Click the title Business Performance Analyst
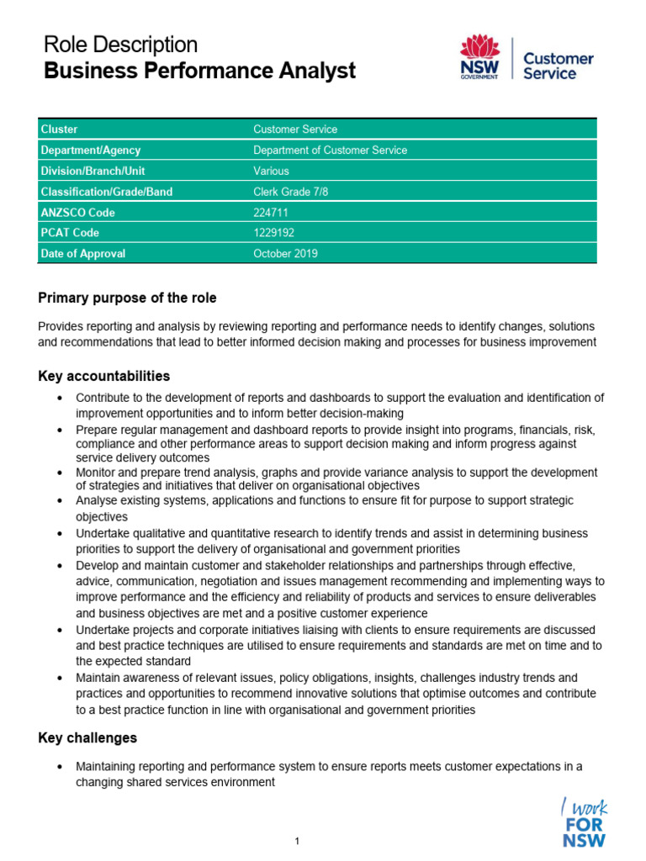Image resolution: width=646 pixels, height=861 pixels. pyautogui.click(x=200, y=71)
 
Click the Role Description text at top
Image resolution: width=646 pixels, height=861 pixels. pyautogui.click(x=120, y=45)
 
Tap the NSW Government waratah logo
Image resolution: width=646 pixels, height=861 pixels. pyautogui.click(x=479, y=57)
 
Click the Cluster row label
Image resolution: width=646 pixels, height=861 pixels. pyautogui.click(x=59, y=129)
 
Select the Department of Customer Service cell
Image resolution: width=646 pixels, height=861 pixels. pyautogui.click(x=330, y=151)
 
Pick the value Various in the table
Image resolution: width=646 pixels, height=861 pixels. pyautogui.click(x=271, y=171)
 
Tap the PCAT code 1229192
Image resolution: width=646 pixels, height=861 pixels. pyautogui.click(x=273, y=233)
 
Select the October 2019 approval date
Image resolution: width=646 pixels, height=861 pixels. pyautogui.click(x=285, y=254)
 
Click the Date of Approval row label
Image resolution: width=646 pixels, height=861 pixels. pyautogui.click(x=82, y=254)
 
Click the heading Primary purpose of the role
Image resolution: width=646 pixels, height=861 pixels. pyautogui.click(x=127, y=298)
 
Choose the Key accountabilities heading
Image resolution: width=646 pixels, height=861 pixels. pyautogui.click(x=104, y=376)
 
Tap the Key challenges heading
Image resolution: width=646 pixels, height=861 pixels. pyautogui.click(x=87, y=737)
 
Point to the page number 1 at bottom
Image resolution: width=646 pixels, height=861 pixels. pyautogui.click(x=298, y=841)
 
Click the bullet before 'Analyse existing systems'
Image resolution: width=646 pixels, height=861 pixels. pyautogui.click(x=58, y=501)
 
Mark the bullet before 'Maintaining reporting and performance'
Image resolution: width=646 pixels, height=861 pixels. pyautogui.click(x=58, y=767)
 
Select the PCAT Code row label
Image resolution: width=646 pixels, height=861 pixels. pyautogui.click(x=69, y=233)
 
